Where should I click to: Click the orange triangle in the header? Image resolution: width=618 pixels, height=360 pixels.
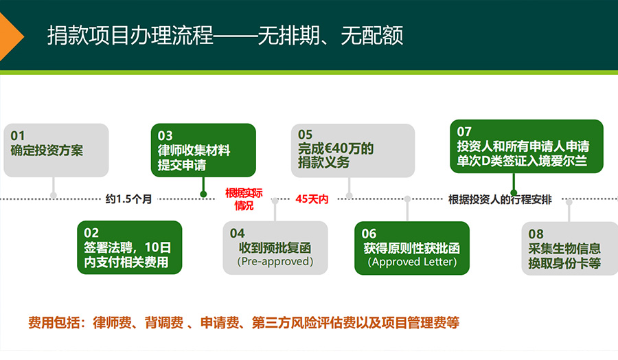tap(10, 36)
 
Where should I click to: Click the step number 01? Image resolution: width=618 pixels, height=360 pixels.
tap(18, 135)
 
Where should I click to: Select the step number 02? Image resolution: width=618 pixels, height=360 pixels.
tap(91, 233)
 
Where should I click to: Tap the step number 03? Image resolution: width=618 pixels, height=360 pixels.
tap(165, 135)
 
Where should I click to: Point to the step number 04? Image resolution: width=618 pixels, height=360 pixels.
tap(238, 233)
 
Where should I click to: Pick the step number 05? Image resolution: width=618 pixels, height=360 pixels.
tap(305, 135)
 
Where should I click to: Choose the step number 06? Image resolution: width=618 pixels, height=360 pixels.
tap(369, 234)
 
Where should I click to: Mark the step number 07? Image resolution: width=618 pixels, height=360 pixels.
tap(464, 131)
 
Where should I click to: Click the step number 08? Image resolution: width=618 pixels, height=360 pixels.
tap(536, 234)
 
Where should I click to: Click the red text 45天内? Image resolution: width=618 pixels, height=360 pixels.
tap(312, 199)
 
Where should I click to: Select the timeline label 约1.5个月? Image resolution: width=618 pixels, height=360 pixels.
tap(128, 199)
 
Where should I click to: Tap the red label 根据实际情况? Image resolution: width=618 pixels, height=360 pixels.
tap(244, 199)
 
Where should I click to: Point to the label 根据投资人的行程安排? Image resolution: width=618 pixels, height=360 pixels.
tap(500, 199)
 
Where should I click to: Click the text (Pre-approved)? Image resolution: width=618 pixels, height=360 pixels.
tap(275, 262)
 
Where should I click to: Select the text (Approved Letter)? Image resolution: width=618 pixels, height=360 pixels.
tap(412, 262)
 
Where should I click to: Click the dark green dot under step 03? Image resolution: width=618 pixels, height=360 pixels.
tap(203, 194)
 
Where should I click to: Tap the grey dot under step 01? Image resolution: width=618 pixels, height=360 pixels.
tap(54, 195)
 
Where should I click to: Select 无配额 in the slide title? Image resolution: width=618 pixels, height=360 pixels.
tap(372, 36)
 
